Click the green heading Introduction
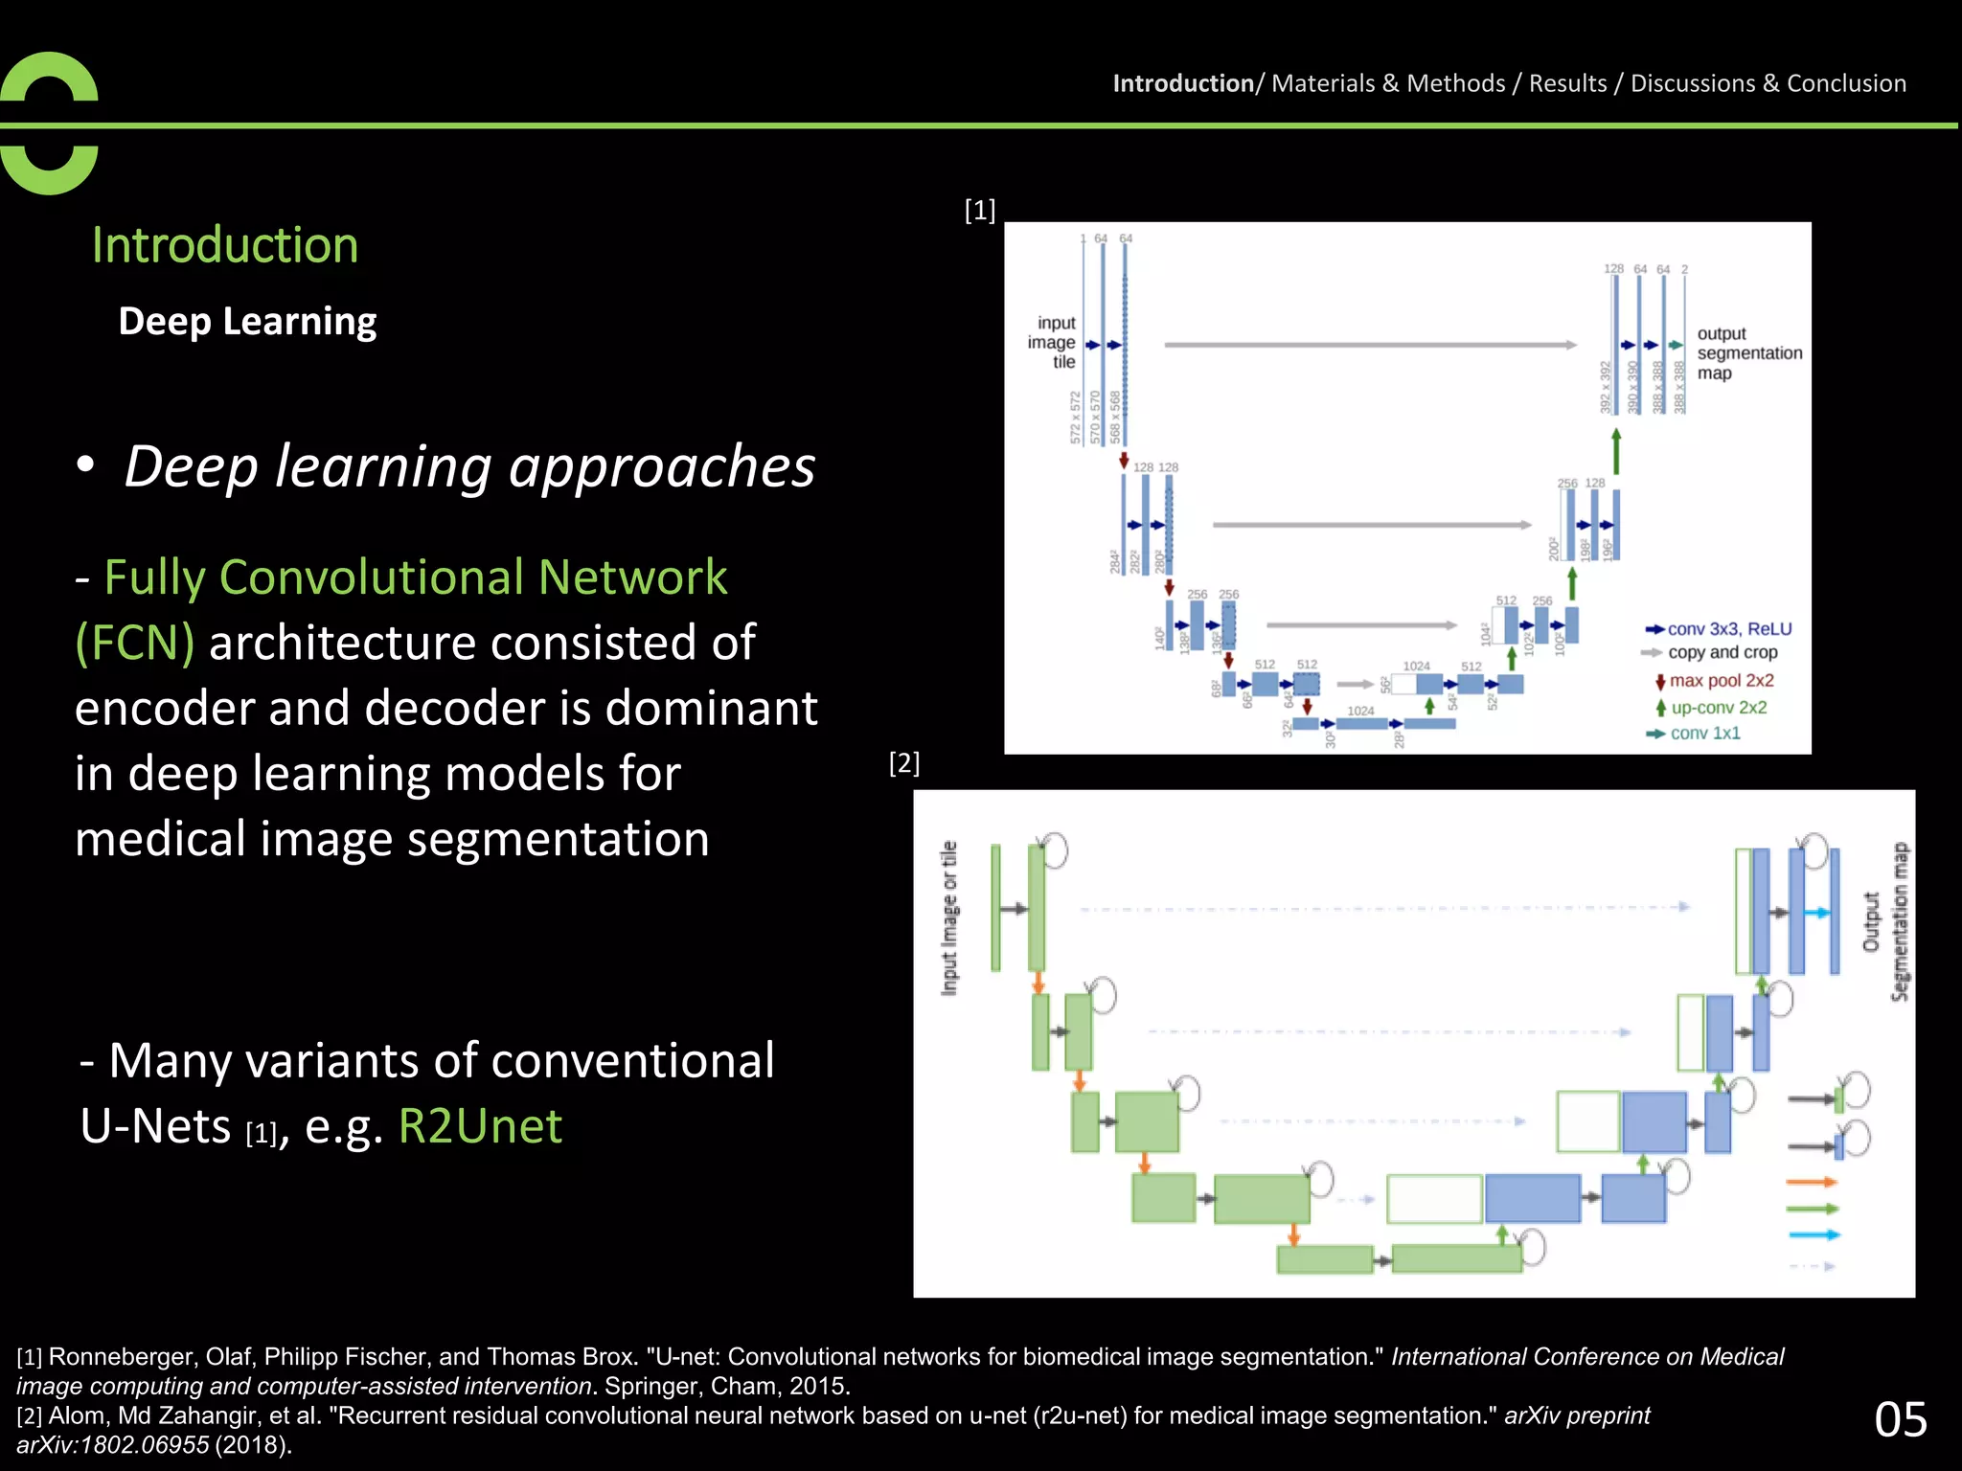(225, 245)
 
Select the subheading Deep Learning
(247, 322)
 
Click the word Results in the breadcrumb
(1567, 83)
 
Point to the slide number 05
(1900, 1419)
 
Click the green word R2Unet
(480, 1126)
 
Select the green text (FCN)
(135, 643)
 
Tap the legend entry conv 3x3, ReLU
(1728, 629)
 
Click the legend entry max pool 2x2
(1721, 681)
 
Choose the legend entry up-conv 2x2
(1719, 708)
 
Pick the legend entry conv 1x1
(1705, 734)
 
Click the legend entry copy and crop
(1722, 652)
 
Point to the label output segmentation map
(1747, 353)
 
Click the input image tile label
(1054, 343)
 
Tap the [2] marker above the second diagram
(903, 763)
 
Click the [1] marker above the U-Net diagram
(979, 210)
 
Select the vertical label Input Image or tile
(948, 917)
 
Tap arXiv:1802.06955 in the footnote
(112, 1445)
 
